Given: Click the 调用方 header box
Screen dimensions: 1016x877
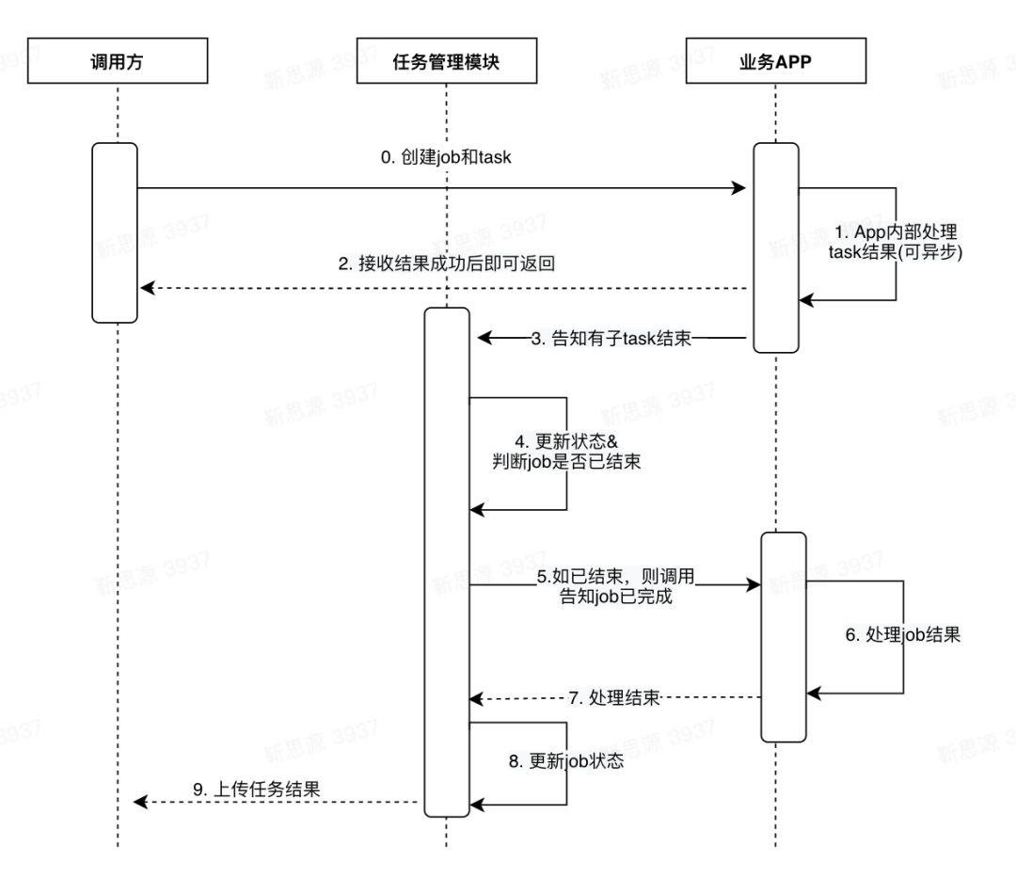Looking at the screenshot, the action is [118, 61].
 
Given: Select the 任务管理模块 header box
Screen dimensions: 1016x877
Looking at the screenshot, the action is [447, 61].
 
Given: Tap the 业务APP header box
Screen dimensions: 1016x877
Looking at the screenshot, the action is [775, 61].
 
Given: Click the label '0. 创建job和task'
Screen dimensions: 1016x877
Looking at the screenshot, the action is [446, 157].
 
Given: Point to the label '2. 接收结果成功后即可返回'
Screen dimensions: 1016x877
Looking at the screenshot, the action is [447, 263].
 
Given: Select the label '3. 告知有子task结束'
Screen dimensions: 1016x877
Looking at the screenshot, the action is [611, 339].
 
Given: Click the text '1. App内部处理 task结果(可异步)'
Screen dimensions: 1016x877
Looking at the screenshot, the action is [896, 242].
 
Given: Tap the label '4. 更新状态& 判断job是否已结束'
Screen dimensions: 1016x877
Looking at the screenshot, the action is [566, 452].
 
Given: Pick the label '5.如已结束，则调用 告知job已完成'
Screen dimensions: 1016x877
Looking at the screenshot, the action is [615, 586].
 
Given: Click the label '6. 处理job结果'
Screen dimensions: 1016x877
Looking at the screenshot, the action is [902, 634].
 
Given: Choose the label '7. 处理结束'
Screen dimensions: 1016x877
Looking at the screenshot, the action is [614, 698].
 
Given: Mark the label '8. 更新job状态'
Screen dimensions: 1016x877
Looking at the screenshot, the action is [566, 761].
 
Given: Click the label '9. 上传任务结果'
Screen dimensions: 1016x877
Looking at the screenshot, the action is [257, 789].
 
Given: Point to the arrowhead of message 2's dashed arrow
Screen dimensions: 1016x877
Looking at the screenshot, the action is [148, 288].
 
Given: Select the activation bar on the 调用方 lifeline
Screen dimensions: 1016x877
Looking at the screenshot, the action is [115, 232].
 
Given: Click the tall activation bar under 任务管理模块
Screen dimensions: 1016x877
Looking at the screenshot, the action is [447, 562].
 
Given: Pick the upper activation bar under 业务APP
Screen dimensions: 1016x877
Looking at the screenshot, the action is [776, 247].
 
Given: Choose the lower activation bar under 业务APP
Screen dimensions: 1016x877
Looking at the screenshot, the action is [784, 637].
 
